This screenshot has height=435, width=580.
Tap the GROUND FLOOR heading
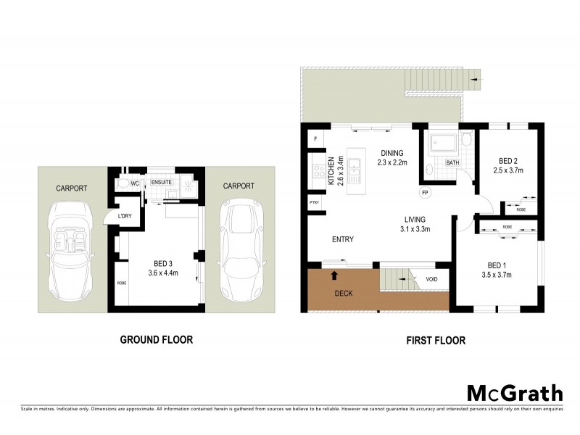click(x=156, y=339)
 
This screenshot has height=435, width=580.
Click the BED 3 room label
click(x=162, y=268)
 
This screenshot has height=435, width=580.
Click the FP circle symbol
click(x=426, y=194)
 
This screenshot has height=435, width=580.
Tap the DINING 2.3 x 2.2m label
click(x=392, y=157)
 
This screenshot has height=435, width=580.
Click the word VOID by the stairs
click(x=432, y=279)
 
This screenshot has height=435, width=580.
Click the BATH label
click(x=452, y=162)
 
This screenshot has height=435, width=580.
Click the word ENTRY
click(x=343, y=239)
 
